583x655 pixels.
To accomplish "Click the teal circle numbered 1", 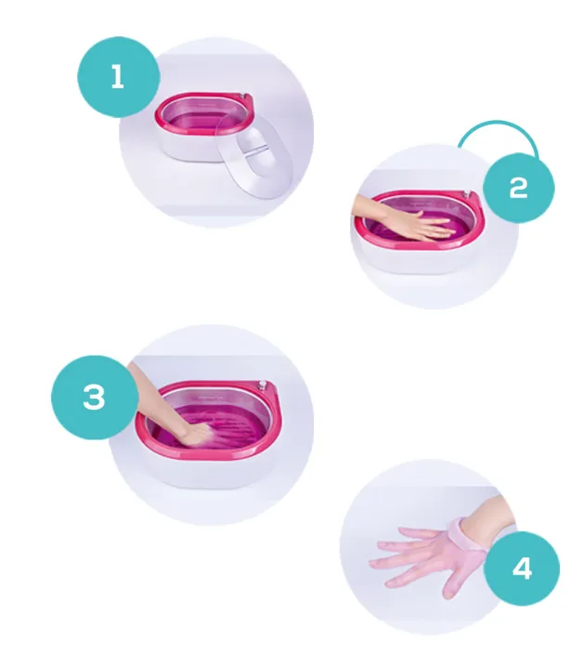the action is click(119, 77).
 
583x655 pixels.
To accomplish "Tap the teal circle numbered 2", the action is click(519, 188).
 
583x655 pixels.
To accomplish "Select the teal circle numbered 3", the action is click(95, 397).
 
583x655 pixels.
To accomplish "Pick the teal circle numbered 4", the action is click(522, 568).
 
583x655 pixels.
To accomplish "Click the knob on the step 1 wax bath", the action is click(248, 97).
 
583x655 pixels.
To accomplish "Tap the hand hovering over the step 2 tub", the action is click(401, 218).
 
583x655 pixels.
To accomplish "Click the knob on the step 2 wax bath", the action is click(467, 193).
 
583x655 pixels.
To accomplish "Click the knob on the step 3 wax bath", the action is click(263, 384).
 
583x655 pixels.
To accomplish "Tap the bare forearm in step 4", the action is click(492, 512).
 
